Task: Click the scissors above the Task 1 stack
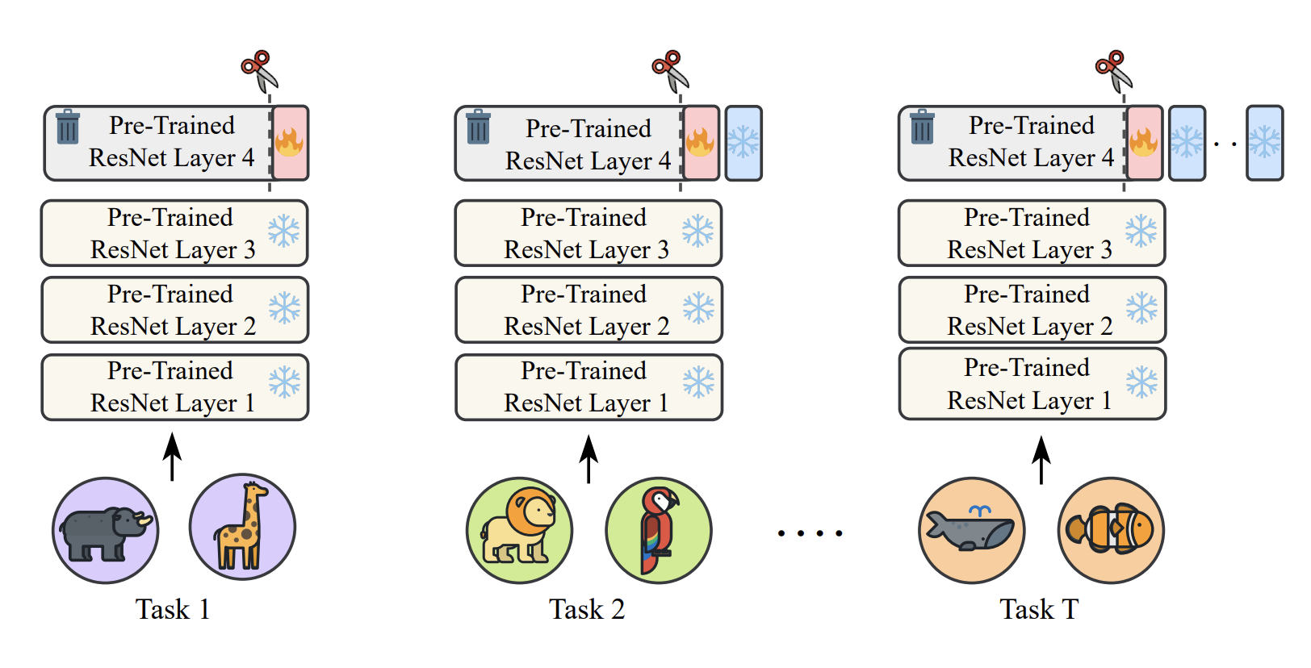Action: [x=259, y=70]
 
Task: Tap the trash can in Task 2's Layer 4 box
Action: [x=478, y=127]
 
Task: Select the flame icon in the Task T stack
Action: [x=1143, y=142]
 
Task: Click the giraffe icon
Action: [x=242, y=527]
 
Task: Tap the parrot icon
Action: [x=659, y=530]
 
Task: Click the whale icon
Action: [x=971, y=530]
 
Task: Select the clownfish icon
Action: [x=1111, y=530]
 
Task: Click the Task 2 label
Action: [x=587, y=609]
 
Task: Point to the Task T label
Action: [x=1039, y=609]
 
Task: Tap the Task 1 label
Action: [x=173, y=609]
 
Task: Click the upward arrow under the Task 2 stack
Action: [x=588, y=458]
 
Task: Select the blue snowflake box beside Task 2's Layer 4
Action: [x=743, y=143]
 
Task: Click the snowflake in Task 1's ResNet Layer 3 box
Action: [x=283, y=232]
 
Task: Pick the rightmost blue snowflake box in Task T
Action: [x=1264, y=143]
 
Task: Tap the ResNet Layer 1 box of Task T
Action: [x=1032, y=384]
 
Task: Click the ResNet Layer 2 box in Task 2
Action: [x=588, y=310]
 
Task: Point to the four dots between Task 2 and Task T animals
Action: [x=810, y=533]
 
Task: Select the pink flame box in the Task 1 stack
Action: [x=289, y=143]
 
